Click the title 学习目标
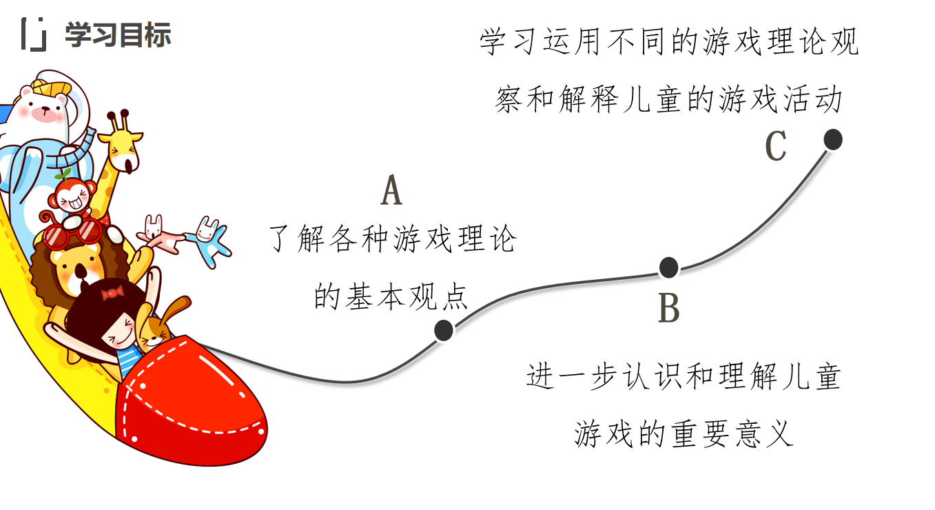tap(118, 35)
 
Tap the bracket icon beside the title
tap(33, 34)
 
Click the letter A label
tap(391, 191)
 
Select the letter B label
tap(668, 308)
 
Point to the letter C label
tap(776, 146)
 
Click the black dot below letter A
tap(444, 330)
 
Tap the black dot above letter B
tap(668, 267)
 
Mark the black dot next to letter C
tap(833, 139)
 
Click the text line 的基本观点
tap(391, 297)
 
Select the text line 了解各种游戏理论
tap(391, 240)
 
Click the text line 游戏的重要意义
tap(684, 433)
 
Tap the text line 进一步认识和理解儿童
tap(684, 376)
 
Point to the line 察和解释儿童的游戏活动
tap(668, 100)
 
